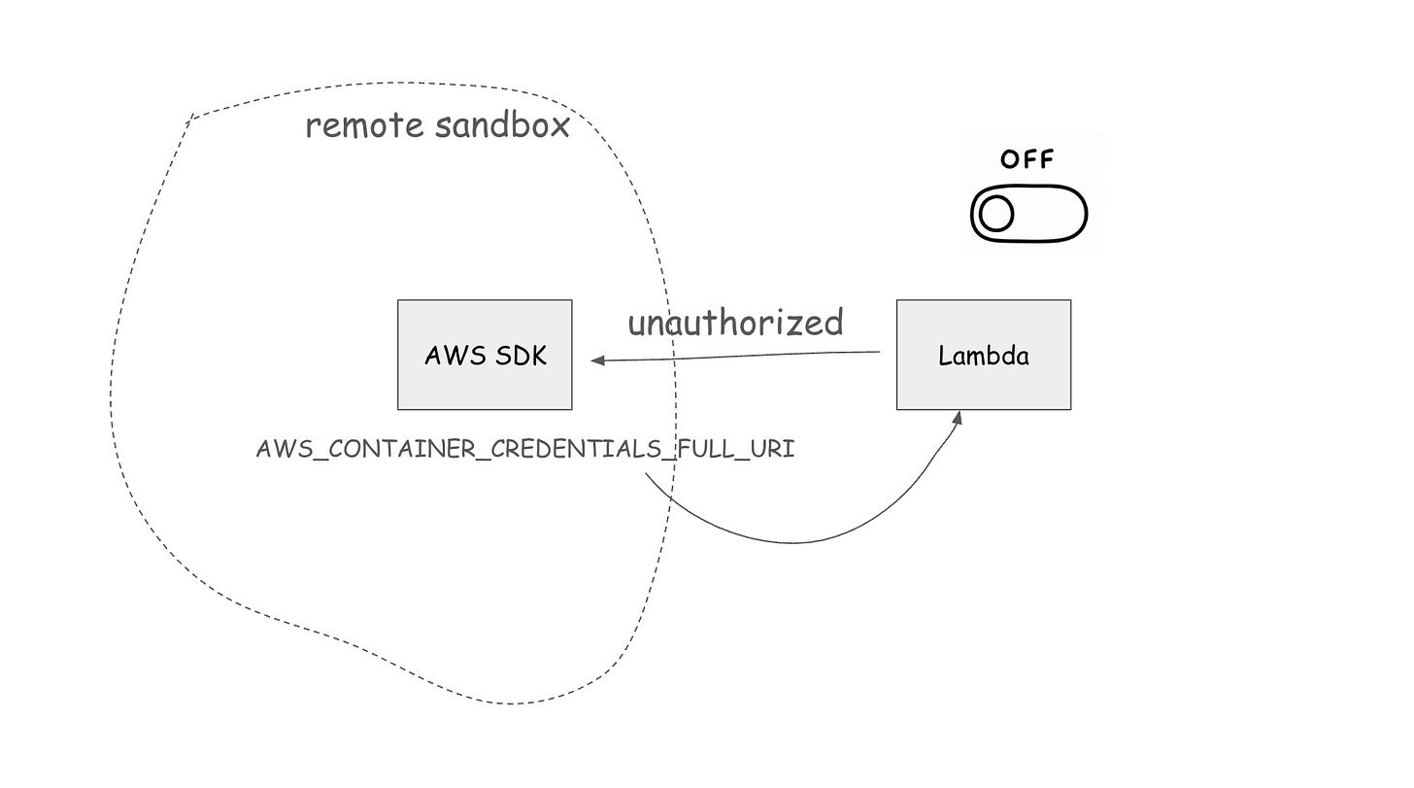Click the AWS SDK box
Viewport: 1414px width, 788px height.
click(x=485, y=355)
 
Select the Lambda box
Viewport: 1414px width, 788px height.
click(x=984, y=355)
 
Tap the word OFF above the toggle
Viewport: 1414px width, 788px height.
click(x=1027, y=159)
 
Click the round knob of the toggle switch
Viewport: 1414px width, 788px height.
click(x=996, y=214)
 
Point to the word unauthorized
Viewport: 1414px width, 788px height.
click(x=735, y=322)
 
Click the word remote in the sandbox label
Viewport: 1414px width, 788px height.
click(x=364, y=125)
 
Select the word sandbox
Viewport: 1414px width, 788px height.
click(x=502, y=124)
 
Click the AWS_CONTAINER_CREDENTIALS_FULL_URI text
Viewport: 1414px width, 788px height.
click(x=525, y=449)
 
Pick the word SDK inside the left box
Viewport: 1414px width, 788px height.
click(x=521, y=356)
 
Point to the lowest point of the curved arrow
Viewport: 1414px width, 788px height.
click(x=794, y=542)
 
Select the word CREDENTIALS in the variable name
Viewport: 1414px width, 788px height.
click(x=576, y=449)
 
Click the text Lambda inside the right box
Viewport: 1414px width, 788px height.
click(x=984, y=356)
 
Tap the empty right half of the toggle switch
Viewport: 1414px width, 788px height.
click(x=1051, y=214)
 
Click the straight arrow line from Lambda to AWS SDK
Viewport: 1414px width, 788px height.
click(x=735, y=357)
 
